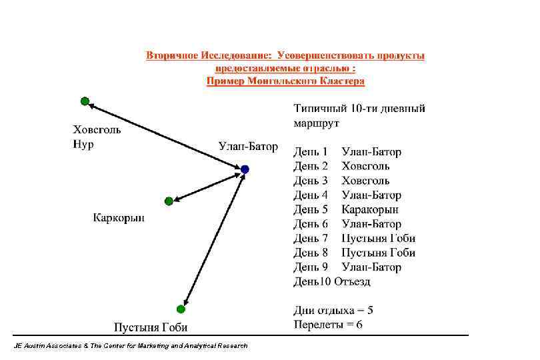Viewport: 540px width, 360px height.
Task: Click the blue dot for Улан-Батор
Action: [245, 169]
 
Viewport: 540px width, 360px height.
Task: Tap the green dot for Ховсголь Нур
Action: [85, 101]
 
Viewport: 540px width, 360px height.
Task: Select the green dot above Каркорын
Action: [169, 201]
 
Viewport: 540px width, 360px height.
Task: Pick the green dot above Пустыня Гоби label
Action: [181, 309]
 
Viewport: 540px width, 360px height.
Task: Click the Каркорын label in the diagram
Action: [119, 217]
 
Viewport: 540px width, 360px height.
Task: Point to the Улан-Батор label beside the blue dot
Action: [248, 147]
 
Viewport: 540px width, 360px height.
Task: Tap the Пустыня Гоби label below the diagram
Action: [151, 327]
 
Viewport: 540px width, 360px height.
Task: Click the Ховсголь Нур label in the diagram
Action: [96, 137]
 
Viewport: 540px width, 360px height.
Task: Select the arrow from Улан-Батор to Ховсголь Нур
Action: [163, 135]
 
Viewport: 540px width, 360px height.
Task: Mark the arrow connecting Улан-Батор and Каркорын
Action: [207, 185]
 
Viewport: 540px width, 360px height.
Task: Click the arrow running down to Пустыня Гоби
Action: [213, 239]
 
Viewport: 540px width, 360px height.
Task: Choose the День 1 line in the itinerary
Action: [347, 152]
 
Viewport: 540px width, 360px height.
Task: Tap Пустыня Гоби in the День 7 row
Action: [378, 238]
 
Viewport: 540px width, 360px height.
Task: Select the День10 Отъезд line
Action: [331, 281]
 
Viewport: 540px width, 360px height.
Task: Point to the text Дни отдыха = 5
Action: [333, 310]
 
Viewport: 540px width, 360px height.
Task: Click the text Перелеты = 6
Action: [328, 325]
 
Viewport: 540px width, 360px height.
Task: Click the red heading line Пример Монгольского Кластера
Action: [285, 81]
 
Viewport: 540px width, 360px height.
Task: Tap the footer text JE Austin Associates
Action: [130, 345]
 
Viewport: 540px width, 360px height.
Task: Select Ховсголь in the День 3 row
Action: [365, 181]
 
